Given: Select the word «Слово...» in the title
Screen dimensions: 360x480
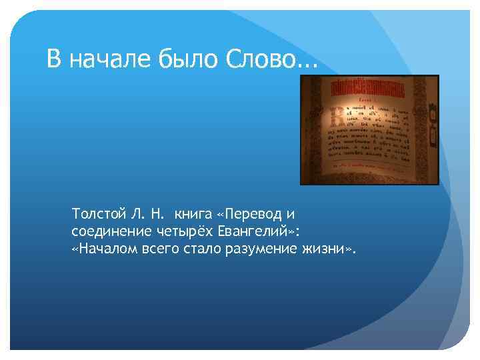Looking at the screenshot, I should coord(270,61).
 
